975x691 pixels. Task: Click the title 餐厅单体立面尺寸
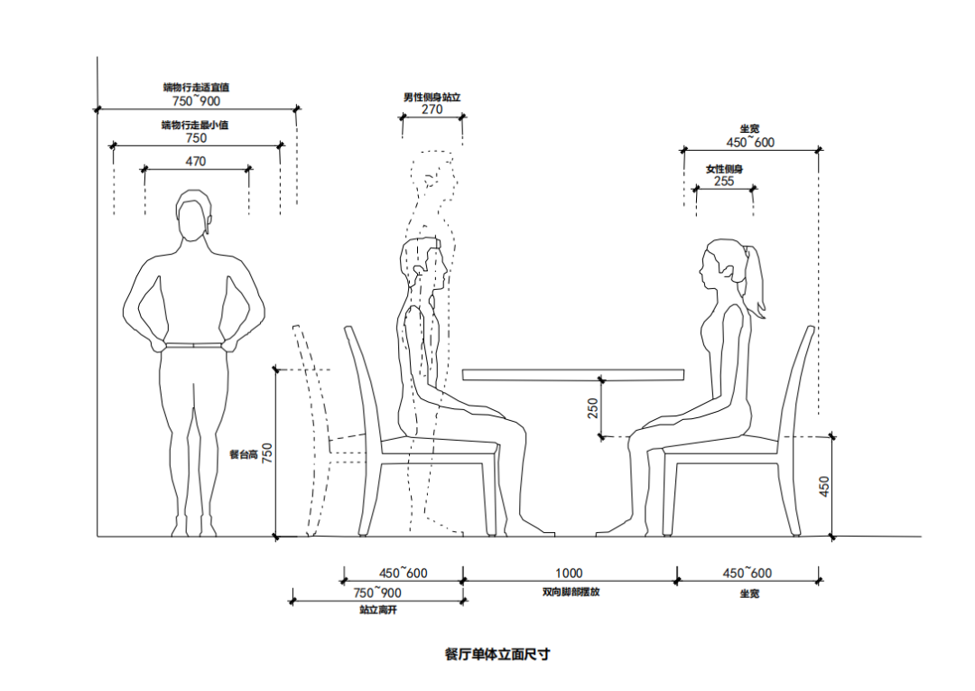click(497, 654)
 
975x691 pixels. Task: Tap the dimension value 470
click(196, 162)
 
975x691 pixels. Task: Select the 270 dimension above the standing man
click(432, 109)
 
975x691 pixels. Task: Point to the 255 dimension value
click(724, 181)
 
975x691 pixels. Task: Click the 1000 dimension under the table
click(569, 573)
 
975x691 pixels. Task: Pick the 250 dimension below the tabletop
click(593, 408)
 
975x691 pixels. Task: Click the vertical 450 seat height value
click(823, 486)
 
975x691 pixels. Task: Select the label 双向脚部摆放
click(570, 593)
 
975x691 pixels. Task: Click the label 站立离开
click(378, 611)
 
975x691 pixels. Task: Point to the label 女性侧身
click(724, 169)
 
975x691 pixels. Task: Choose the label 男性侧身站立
click(432, 97)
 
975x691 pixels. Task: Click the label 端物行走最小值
click(195, 125)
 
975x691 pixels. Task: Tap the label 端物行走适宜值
click(196, 88)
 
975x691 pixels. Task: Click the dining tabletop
click(573, 373)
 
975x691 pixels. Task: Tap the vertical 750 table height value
click(267, 451)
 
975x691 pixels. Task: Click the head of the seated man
click(421, 266)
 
